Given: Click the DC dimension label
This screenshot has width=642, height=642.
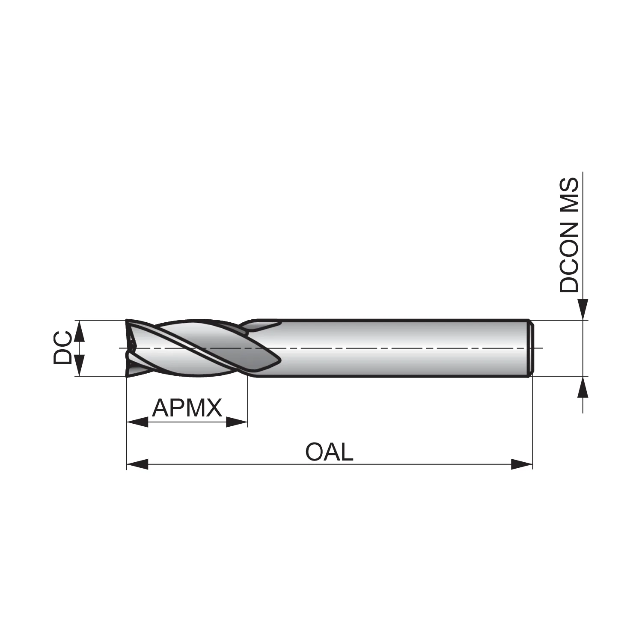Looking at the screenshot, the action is [x=62, y=348].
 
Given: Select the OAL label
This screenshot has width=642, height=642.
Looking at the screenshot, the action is [x=329, y=452].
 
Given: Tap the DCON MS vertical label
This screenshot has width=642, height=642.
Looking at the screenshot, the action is [x=569, y=235].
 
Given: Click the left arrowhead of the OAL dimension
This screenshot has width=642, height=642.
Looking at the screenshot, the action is [x=137, y=464].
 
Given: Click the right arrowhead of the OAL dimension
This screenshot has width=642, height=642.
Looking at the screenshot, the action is [x=522, y=464].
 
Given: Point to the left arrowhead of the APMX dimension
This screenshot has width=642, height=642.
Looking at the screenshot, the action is [x=137, y=422].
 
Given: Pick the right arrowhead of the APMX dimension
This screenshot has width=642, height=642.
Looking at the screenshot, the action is [x=237, y=422].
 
